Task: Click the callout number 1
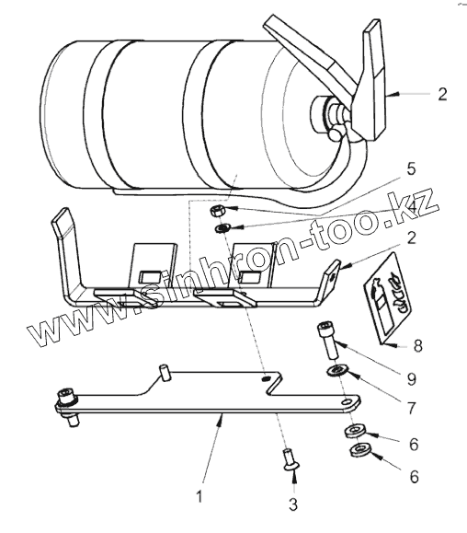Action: (199, 496)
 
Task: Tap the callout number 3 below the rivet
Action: (293, 504)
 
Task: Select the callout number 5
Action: (411, 168)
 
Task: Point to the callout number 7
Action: (411, 408)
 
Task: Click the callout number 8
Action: (417, 346)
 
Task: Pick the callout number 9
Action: (411, 378)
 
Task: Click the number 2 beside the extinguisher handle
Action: (442, 94)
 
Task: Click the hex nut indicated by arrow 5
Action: (216, 212)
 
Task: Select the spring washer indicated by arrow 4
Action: (222, 229)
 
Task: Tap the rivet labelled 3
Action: (290, 459)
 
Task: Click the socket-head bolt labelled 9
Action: (327, 341)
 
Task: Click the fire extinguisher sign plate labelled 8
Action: (389, 298)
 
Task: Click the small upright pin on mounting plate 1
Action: (165, 373)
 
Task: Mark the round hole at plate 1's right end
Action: (347, 402)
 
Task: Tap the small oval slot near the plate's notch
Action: (266, 377)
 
